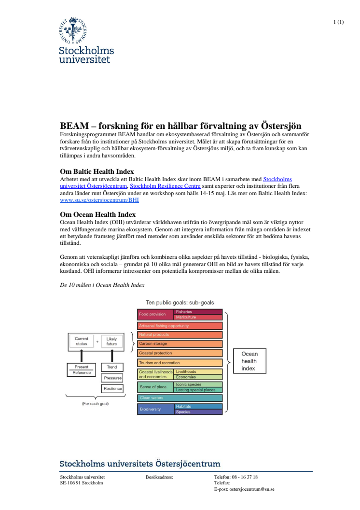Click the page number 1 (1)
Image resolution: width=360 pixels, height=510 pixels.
tap(338, 22)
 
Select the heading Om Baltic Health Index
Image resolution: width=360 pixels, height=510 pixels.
tap(97, 171)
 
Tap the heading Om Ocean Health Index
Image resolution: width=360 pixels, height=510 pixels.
tap(97, 214)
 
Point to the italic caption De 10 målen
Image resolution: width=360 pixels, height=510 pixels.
tap(102, 285)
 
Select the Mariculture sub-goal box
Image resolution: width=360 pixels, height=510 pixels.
tap(198, 317)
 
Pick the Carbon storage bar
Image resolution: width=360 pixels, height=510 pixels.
tap(180, 344)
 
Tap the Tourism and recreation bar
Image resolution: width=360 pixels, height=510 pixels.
tap(180, 363)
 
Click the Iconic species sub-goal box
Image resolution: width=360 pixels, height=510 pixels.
tap(198, 384)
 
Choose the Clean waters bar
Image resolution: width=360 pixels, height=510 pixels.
tap(180, 398)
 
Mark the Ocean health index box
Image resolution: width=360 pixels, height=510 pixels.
tap(249, 361)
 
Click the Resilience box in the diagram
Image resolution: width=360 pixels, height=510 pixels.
tap(112, 388)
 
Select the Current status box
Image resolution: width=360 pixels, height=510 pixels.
tap(82, 341)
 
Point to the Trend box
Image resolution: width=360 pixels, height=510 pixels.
tap(112, 367)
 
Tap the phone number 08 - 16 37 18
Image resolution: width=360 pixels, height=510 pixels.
tap(245, 477)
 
